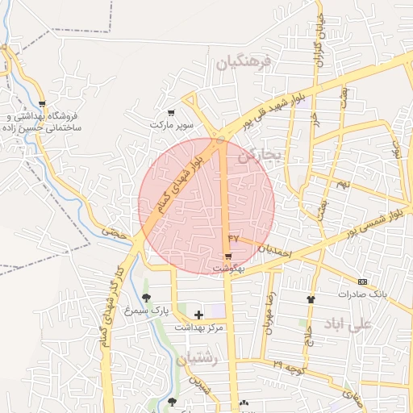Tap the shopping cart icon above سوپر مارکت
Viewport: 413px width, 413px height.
click(x=170, y=113)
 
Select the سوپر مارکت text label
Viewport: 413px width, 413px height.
click(x=172, y=126)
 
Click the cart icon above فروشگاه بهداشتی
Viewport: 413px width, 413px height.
click(x=42, y=104)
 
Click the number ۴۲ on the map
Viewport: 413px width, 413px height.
click(x=234, y=238)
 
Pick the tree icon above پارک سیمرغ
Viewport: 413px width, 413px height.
click(x=146, y=298)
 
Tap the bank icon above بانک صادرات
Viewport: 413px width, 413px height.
click(x=362, y=282)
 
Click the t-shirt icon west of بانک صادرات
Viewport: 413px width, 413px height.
click(x=311, y=299)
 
